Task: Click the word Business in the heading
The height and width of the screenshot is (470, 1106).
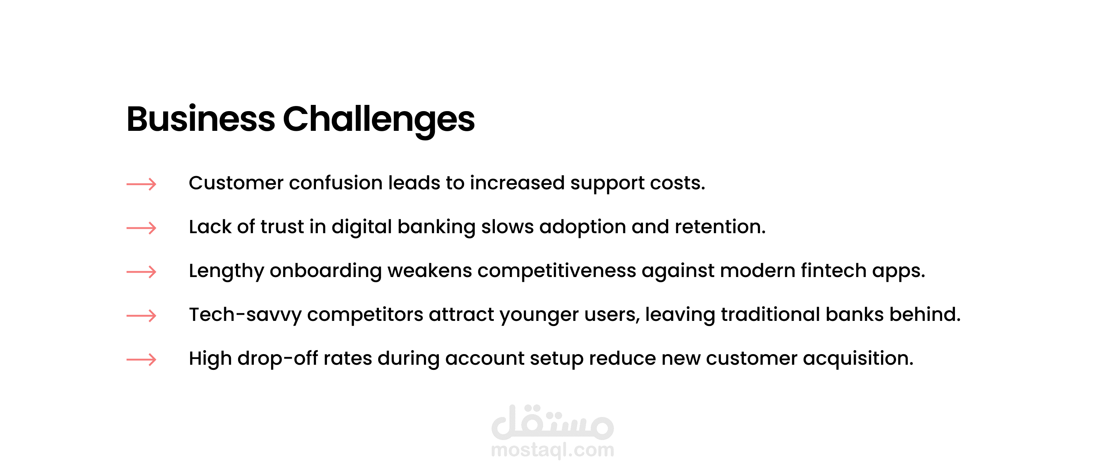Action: click(200, 118)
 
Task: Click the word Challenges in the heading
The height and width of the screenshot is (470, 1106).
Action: click(379, 120)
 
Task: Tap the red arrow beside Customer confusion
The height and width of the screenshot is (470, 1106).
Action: click(141, 184)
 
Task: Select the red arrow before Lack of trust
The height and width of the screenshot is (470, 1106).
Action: click(141, 228)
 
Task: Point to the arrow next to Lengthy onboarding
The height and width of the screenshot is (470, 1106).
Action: click(141, 272)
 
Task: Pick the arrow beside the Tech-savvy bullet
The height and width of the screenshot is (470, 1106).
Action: click(141, 316)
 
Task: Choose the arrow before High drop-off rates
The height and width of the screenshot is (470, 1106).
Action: click(141, 359)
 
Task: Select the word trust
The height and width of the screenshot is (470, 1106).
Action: click(282, 227)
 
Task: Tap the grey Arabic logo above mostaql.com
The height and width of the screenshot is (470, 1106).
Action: click(553, 422)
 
